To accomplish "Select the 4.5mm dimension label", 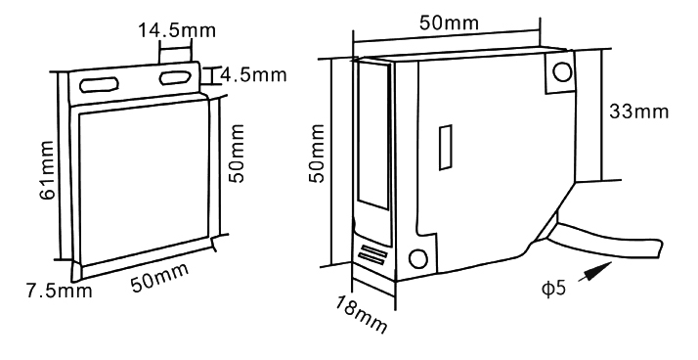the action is [249, 75].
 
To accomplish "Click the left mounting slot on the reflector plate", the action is [97, 83].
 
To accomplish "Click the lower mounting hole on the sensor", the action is [417, 259].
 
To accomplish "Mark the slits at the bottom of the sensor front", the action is [370, 254].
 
